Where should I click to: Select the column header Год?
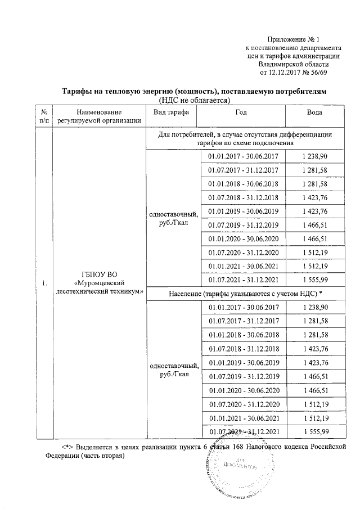pos(243,112)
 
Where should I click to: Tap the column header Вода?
pos(314,112)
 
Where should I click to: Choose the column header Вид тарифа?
pos(171,112)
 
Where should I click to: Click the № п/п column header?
pos(43,117)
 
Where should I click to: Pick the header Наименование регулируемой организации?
pos(97,117)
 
